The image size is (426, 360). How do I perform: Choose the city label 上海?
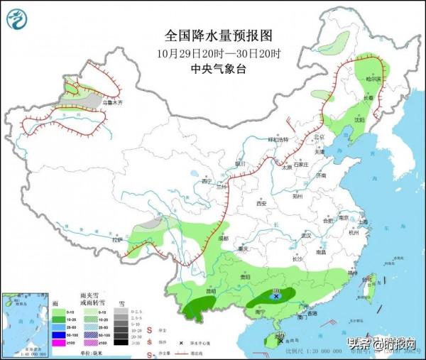[364, 222]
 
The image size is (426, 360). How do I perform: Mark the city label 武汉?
[307, 235]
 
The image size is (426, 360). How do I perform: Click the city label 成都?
[225, 239]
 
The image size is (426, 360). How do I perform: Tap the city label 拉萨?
[116, 241]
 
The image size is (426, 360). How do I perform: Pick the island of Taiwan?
[368, 283]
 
